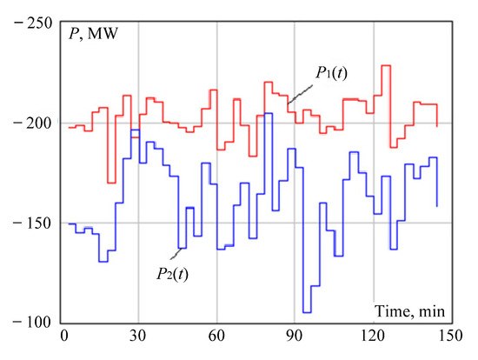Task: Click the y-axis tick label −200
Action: [28, 123]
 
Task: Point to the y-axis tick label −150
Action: [28, 223]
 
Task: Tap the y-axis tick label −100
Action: [28, 323]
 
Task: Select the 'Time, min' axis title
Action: [411, 310]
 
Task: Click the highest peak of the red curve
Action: [385, 65]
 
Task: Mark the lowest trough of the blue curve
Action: [306, 311]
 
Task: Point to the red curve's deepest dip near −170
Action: [111, 183]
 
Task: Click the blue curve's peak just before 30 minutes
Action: [135, 130]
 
